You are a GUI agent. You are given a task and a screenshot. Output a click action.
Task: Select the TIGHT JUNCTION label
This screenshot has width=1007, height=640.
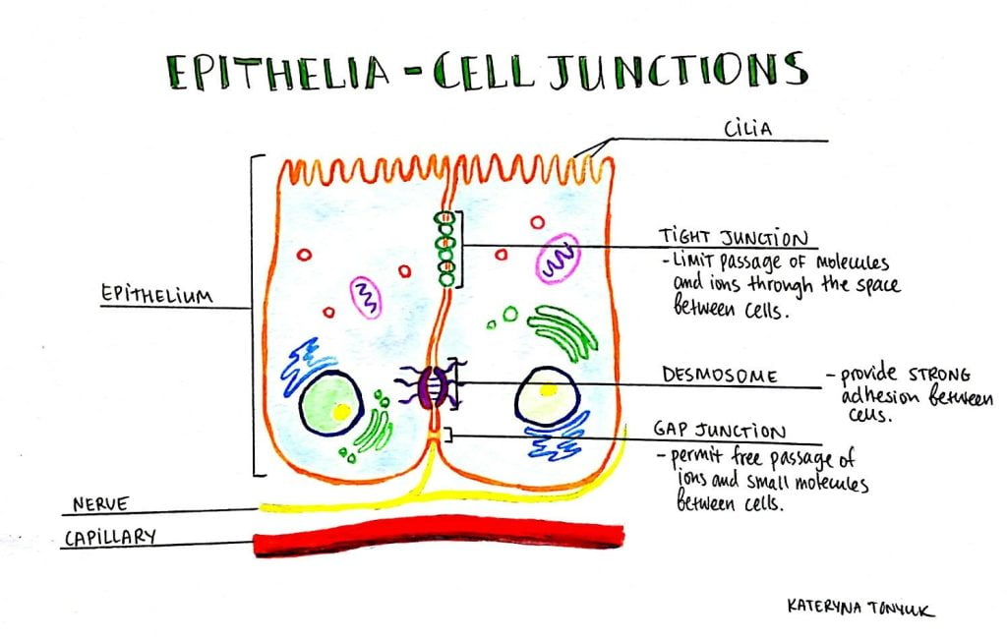pyautogui.click(x=734, y=239)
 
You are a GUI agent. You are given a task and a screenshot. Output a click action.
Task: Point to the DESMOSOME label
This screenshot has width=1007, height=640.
pyautogui.click(x=721, y=376)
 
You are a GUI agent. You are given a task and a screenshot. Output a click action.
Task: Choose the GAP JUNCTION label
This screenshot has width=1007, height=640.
pyautogui.click(x=721, y=432)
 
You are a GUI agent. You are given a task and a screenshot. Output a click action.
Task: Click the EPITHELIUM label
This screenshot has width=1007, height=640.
pyautogui.click(x=157, y=295)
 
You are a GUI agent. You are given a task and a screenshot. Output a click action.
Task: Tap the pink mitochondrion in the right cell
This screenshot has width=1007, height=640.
pyautogui.click(x=558, y=259)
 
